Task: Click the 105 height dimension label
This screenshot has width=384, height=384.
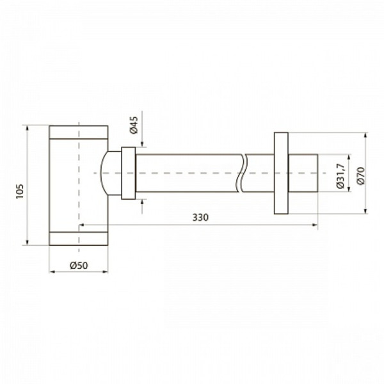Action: tap(20, 191)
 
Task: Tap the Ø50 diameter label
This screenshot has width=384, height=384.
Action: tap(79, 266)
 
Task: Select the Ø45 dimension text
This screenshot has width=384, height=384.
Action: tap(134, 125)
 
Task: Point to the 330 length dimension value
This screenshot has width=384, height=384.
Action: tap(200, 218)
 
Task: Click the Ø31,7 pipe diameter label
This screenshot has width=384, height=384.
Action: tap(340, 175)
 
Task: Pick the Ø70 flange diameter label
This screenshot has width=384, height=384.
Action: tap(361, 176)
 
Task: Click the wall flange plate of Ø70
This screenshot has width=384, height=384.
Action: tap(281, 173)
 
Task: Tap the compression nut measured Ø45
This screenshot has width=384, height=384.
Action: tap(129, 173)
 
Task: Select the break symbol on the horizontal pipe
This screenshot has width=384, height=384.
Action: tap(242, 173)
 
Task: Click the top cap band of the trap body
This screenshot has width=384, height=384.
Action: tap(78, 132)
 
